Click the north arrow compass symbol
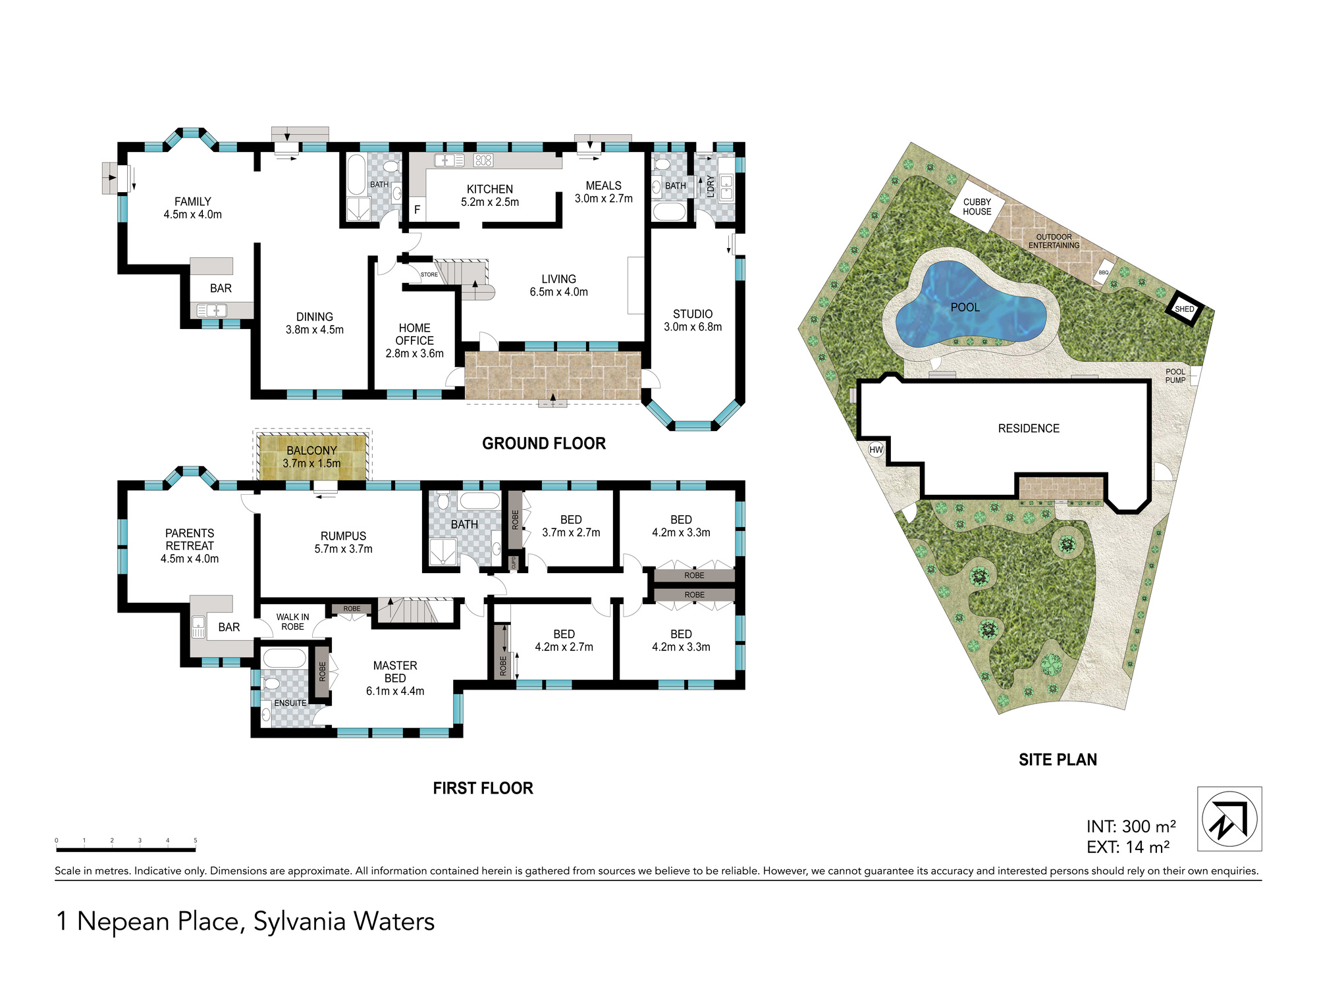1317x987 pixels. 1229,819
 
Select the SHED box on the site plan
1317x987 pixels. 1185,309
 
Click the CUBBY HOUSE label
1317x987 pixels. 977,207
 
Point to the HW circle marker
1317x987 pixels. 876,450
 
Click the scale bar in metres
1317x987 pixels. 126,850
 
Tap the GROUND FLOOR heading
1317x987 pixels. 544,443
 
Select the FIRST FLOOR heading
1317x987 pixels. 483,788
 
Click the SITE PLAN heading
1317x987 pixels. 1058,760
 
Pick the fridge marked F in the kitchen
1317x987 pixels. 417,210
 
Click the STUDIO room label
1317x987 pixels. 693,315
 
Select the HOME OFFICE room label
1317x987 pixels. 414,334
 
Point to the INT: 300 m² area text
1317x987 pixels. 1131,826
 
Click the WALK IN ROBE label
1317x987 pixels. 292,622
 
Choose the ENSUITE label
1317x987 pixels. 290,703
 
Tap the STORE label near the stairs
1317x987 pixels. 429,275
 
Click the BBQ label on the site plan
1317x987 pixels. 1104,272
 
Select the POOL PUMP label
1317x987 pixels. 1175,376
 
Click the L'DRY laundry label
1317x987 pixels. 711,186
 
